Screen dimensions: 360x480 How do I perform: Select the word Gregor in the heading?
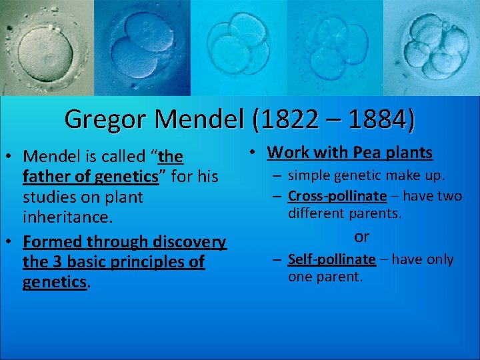107,119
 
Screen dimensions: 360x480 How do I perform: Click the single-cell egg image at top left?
47,47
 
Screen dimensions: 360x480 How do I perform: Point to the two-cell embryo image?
142,47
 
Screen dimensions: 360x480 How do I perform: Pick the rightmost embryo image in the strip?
432,47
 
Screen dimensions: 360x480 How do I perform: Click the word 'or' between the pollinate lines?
362,237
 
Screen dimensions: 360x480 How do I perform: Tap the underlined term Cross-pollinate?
337,196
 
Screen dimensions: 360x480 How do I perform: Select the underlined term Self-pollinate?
332,259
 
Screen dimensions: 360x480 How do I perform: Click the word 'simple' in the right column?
307,175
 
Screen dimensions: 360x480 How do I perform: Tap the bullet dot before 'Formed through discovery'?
11,241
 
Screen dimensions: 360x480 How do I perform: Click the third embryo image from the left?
237,47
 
